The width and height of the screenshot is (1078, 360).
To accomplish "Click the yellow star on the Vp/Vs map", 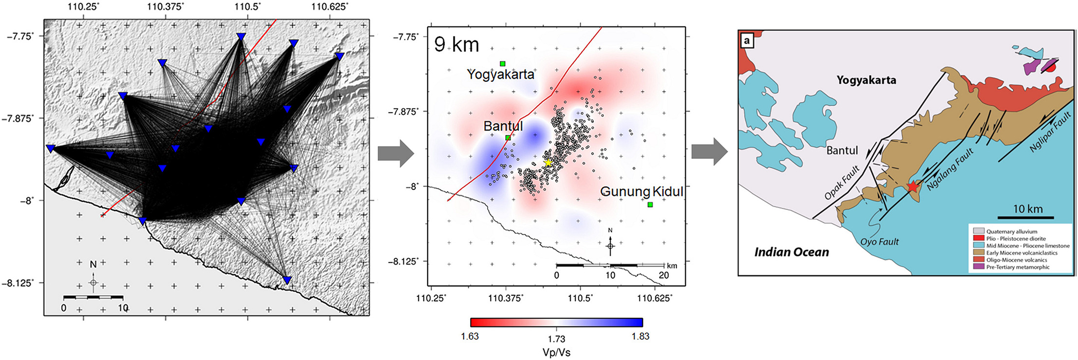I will (548, 162).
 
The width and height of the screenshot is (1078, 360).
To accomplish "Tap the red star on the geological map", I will (912, 187).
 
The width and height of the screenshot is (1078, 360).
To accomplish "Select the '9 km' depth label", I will (456, 45).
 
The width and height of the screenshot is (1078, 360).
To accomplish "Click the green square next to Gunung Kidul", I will (650, 205).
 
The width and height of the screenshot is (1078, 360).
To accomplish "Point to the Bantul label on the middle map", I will (503, 126).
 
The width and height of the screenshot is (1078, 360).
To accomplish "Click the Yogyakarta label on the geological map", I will (866, 80).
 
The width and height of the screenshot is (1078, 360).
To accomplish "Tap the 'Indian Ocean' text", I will (792, 252).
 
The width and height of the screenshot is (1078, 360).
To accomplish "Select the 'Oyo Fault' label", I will (879, 242).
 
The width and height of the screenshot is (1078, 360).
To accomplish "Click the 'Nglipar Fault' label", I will (1050, 132).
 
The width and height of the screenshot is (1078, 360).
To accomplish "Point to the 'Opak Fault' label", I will (841, 183).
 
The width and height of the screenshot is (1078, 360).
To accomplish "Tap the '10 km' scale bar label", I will (1028, 209).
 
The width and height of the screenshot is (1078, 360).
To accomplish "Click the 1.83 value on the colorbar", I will (640, 336).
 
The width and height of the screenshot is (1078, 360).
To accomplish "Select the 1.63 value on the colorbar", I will (470, 336).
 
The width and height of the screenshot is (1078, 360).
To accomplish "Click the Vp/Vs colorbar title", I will (556, 352).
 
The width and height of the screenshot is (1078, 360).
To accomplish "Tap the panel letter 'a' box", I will (747, 40).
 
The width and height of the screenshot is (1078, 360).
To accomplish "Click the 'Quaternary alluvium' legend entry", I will (1011, 231).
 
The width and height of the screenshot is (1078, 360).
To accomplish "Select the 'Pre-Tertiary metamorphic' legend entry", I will (1018, 267).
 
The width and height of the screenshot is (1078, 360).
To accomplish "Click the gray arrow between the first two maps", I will (396, 153).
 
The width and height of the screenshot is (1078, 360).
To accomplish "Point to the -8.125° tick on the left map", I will (19, 283).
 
